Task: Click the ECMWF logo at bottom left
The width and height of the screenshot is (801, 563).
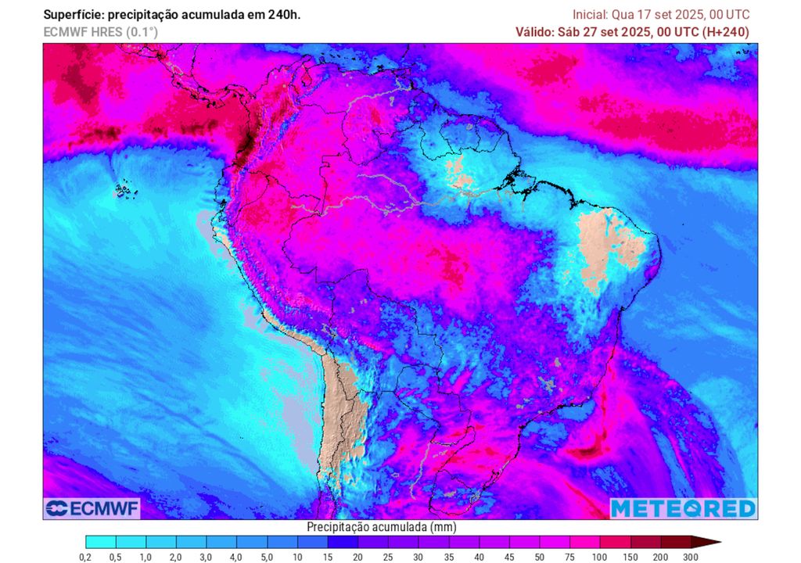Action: (x=92, y=509)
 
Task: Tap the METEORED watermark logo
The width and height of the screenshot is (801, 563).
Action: (x=683, y=508)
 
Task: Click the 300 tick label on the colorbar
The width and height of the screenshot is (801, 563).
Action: (x=690, y=556)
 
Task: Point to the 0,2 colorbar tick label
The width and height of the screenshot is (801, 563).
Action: (x=85, y=556)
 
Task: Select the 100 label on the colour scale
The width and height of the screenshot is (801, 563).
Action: (x=599, y=556)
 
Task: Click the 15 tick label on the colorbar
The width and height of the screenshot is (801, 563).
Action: (x=327, y=556)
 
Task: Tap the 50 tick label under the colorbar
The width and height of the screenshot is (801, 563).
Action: (x=539, y=556)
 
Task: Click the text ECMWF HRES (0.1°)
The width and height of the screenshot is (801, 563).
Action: (x=100, y=32)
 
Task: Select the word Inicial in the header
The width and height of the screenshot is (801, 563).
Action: (x=591, y=15)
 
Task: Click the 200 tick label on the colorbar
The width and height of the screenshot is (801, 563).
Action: (x=659, y=556)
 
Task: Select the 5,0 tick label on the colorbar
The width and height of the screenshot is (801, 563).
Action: (x=267, y=556)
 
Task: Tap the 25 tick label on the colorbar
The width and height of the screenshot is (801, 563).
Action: (x=387, y=556)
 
